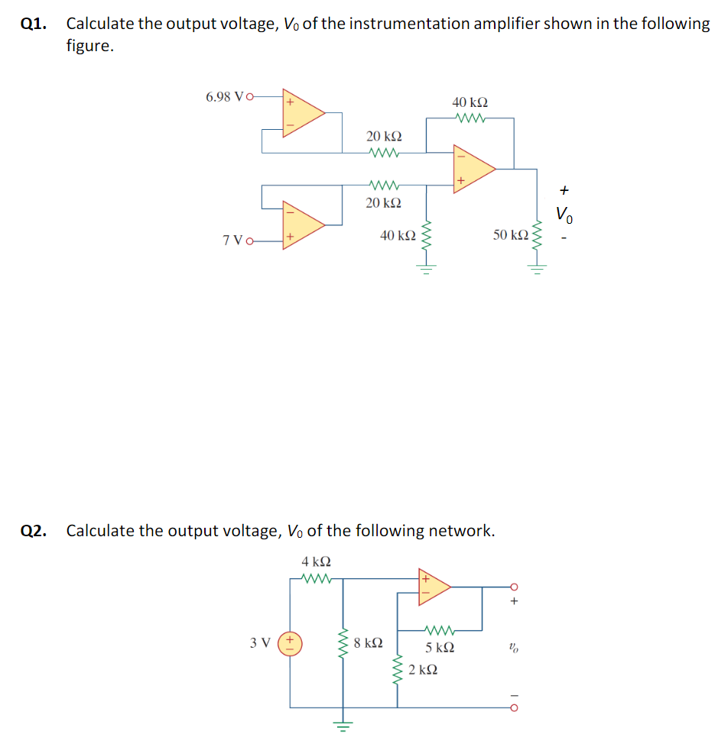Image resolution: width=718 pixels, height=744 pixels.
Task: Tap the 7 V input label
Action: click(x=234, y=241)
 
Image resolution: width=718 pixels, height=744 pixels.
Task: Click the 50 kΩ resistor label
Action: click(x=510, y=235)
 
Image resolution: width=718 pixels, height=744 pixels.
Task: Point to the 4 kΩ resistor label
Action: click(x=317, y=561)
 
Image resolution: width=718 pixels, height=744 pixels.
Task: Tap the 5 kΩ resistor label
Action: click(x=440, y=648)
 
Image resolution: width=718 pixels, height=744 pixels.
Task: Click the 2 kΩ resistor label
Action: click(x=423, y=670)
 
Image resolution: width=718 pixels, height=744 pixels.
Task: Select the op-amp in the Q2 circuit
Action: click(x=432, y=587)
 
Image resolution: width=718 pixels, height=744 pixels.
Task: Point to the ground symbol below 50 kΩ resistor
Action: click(x=538, y=269)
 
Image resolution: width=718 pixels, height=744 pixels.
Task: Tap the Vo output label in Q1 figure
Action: click(x=564, y=214)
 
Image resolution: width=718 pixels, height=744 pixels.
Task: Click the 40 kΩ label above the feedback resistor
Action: click(x=470, y=102)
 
